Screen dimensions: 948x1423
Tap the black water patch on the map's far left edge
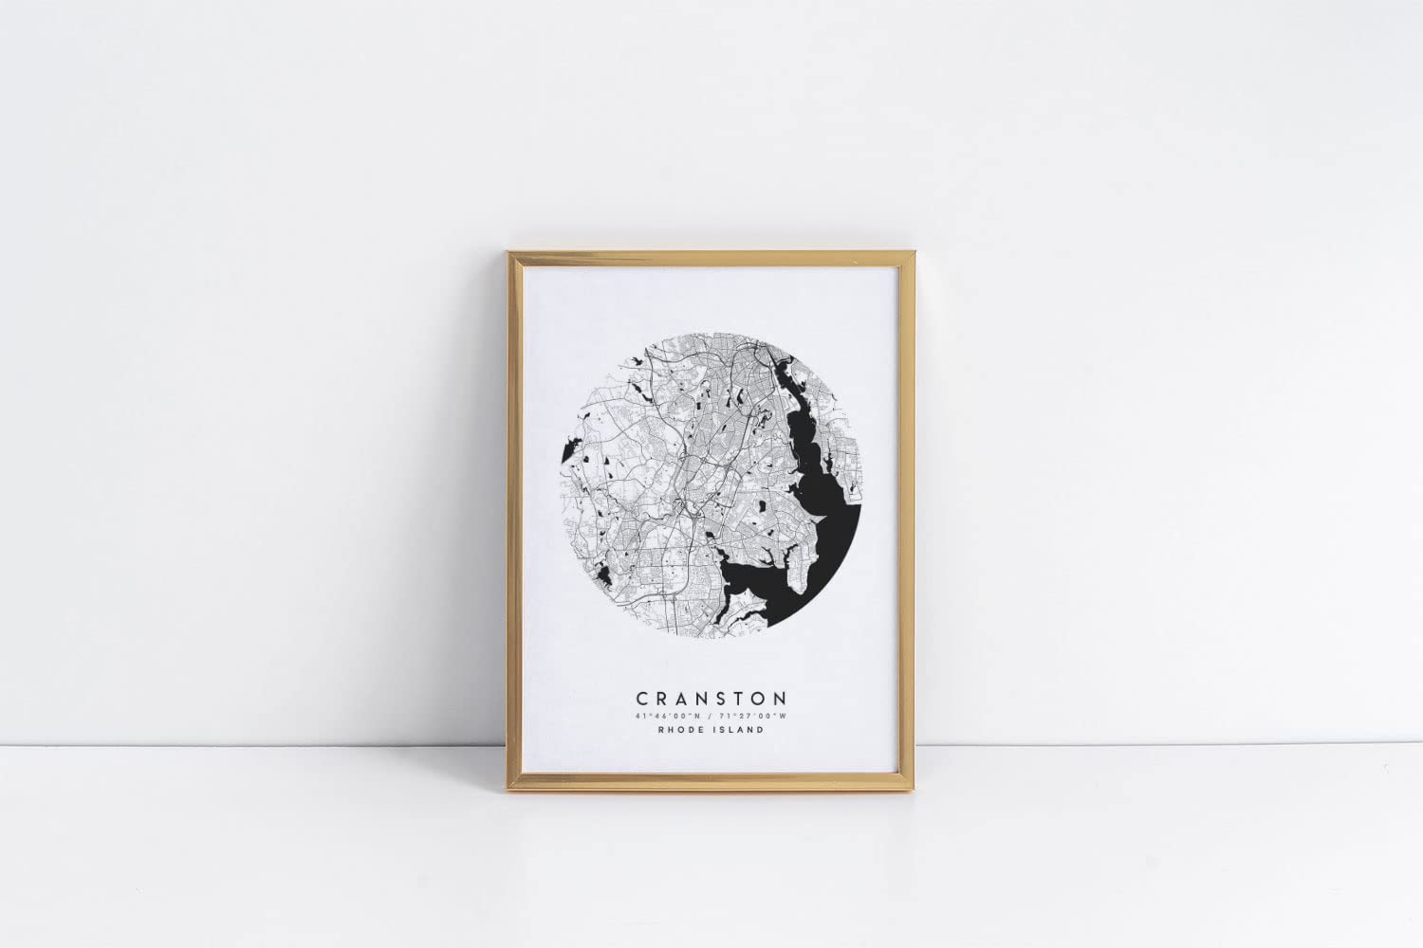[x=571, y=446]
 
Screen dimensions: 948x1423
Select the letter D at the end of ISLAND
[x=761, y=731]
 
